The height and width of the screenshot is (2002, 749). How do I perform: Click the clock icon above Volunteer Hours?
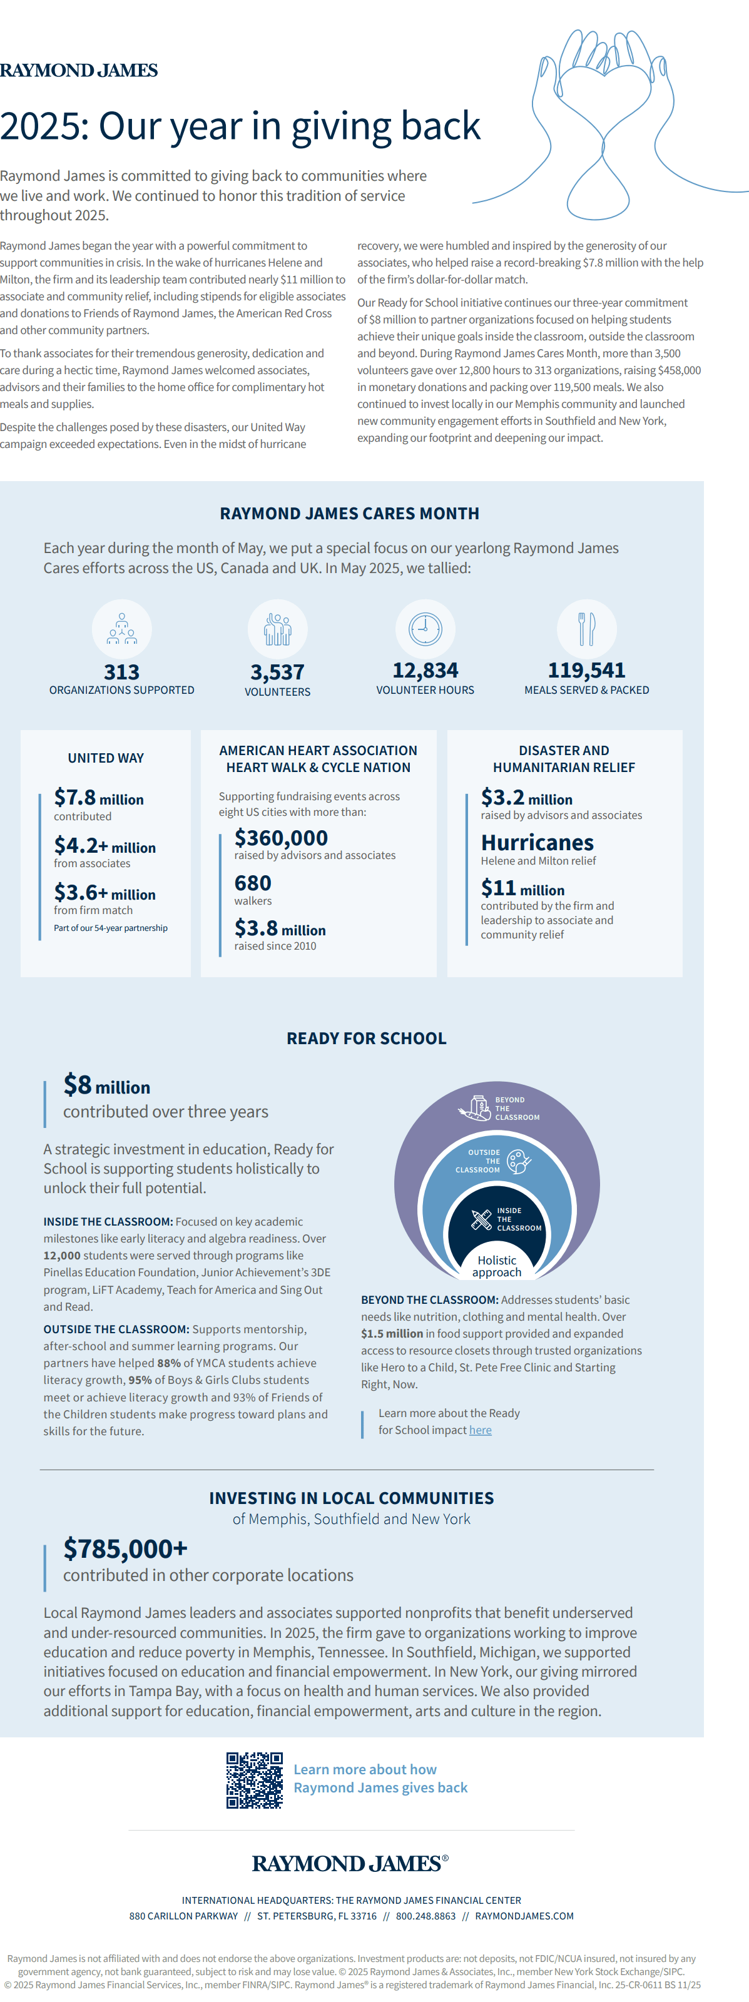pos(425,629)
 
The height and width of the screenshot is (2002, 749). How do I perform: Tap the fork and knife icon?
pos(586,629)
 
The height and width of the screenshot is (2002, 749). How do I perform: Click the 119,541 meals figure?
pos(586,671)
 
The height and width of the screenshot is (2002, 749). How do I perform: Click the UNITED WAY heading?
pos(106,758)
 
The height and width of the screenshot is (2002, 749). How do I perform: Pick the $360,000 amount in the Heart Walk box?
pos(281,838)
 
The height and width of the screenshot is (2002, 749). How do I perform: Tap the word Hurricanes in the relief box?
pos(537,843)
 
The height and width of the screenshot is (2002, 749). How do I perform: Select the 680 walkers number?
pos(253,883)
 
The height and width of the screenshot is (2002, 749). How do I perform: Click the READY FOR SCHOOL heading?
pos(367,1039)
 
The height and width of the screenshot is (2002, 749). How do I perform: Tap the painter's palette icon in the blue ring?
pos(518,1162)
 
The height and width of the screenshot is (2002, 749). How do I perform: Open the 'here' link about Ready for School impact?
pos(480,1430)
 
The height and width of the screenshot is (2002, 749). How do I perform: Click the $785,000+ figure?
pos(126,1549)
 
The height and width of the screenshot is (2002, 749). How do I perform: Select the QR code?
pos(254,1780)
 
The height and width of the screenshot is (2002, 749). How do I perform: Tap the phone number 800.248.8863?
pos(425,1916)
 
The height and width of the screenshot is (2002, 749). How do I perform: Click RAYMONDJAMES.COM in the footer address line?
pos(524,1916)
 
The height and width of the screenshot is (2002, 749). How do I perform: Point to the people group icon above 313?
pos(122,629)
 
